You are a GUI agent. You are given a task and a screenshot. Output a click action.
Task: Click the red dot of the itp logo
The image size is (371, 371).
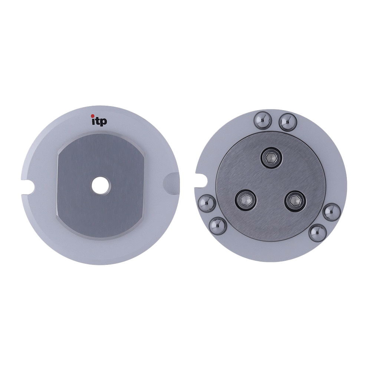click(93, 116)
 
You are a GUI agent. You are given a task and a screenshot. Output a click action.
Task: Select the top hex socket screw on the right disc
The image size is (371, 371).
click(271, 157)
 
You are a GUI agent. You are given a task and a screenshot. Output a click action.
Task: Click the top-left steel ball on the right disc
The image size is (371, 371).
click(262, 121)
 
